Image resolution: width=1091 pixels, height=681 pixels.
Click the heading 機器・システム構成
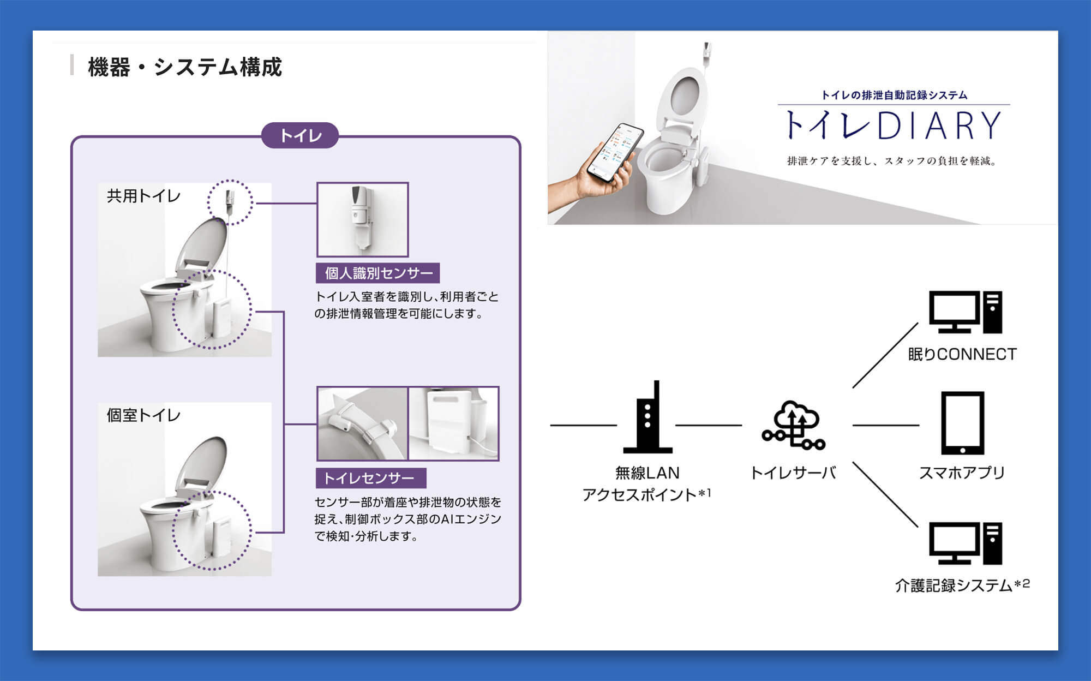[184, 67]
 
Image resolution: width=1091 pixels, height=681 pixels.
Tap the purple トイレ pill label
[300, 135]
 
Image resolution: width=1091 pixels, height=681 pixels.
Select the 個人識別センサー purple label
[378, 273]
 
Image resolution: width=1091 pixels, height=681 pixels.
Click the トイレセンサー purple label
[370, 478]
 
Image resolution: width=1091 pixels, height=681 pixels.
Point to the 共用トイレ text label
[143, 195]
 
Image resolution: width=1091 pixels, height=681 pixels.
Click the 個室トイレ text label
[143, 415]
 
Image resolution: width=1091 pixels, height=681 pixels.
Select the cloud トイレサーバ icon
[794, 425]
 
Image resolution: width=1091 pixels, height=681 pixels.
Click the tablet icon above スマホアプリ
[962, 423]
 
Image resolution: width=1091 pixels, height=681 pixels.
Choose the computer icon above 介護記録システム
[966, 543]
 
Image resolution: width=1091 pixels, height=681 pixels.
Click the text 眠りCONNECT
[962, 354]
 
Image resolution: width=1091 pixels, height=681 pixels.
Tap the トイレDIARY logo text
[893, 126]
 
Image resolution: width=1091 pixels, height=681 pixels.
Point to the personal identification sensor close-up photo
[363, 219]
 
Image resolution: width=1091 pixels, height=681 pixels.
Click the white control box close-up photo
[453, 423]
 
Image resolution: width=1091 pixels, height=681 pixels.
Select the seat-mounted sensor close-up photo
[362, 423]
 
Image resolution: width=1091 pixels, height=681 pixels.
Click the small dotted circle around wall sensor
[230, 202]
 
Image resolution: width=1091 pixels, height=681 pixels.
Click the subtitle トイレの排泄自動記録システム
[894, 95]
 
